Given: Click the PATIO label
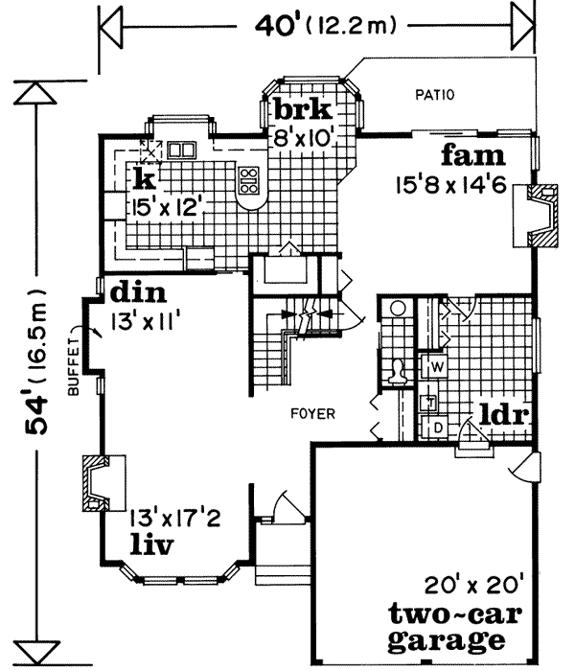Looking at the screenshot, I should click(434, 95).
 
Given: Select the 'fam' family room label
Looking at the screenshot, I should click(472, 156).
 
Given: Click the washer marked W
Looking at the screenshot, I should click(434, 366).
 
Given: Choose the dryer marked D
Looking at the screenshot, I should click(434, 425).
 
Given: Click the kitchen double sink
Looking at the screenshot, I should click(180, 150).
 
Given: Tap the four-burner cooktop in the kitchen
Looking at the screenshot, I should click(249, 178).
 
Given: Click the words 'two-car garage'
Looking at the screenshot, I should click(448, 626).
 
